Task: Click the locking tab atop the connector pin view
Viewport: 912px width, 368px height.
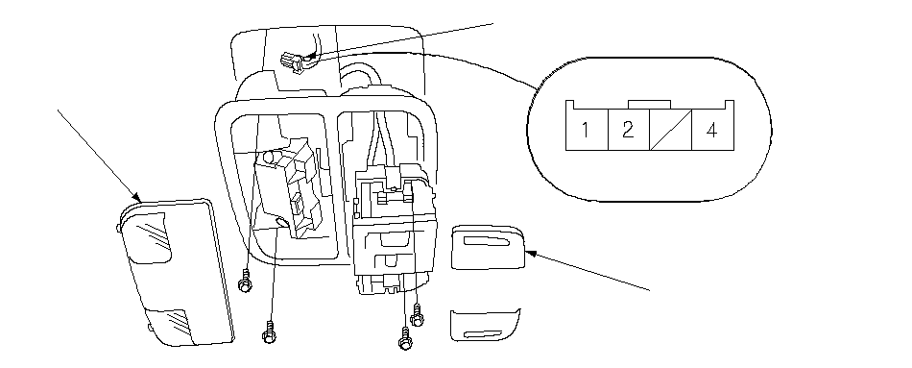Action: [x=650, y=104]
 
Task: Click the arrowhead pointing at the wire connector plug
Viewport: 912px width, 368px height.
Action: [x=312, y=57]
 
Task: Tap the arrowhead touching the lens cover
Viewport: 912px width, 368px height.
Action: [x=137, y=197]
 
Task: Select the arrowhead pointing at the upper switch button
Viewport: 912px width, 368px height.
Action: [x=530, y=253]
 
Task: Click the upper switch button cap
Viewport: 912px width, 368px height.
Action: [x=488, y=247]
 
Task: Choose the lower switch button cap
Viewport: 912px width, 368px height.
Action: [x=485, y=325]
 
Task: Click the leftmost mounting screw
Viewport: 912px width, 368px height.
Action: [x=246, y=282]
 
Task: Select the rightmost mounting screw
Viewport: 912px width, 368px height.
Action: [x=417, y=315]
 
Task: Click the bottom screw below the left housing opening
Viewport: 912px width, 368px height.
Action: [x=269, y=331]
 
